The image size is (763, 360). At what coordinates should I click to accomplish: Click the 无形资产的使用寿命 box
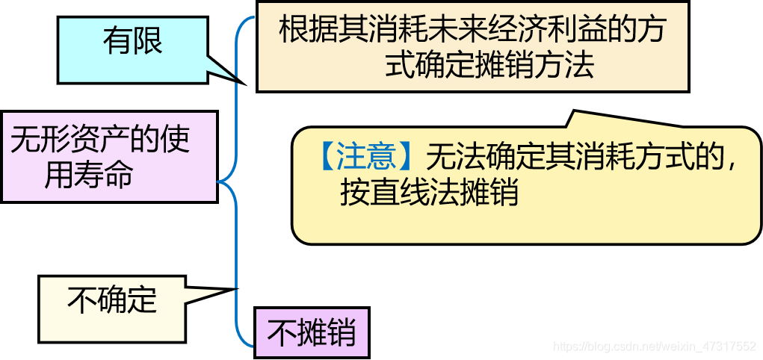(x=108, y=157)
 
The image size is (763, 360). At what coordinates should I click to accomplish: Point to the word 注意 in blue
(x=365, y=157)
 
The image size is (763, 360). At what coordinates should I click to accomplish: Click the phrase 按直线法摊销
(x=429, y=193)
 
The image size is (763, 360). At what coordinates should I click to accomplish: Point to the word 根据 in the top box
(x=301, y=31)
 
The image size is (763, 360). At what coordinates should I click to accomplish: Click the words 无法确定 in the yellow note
(x=471, y=157)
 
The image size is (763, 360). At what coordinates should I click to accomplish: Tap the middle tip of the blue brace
(x=218, y=181)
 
